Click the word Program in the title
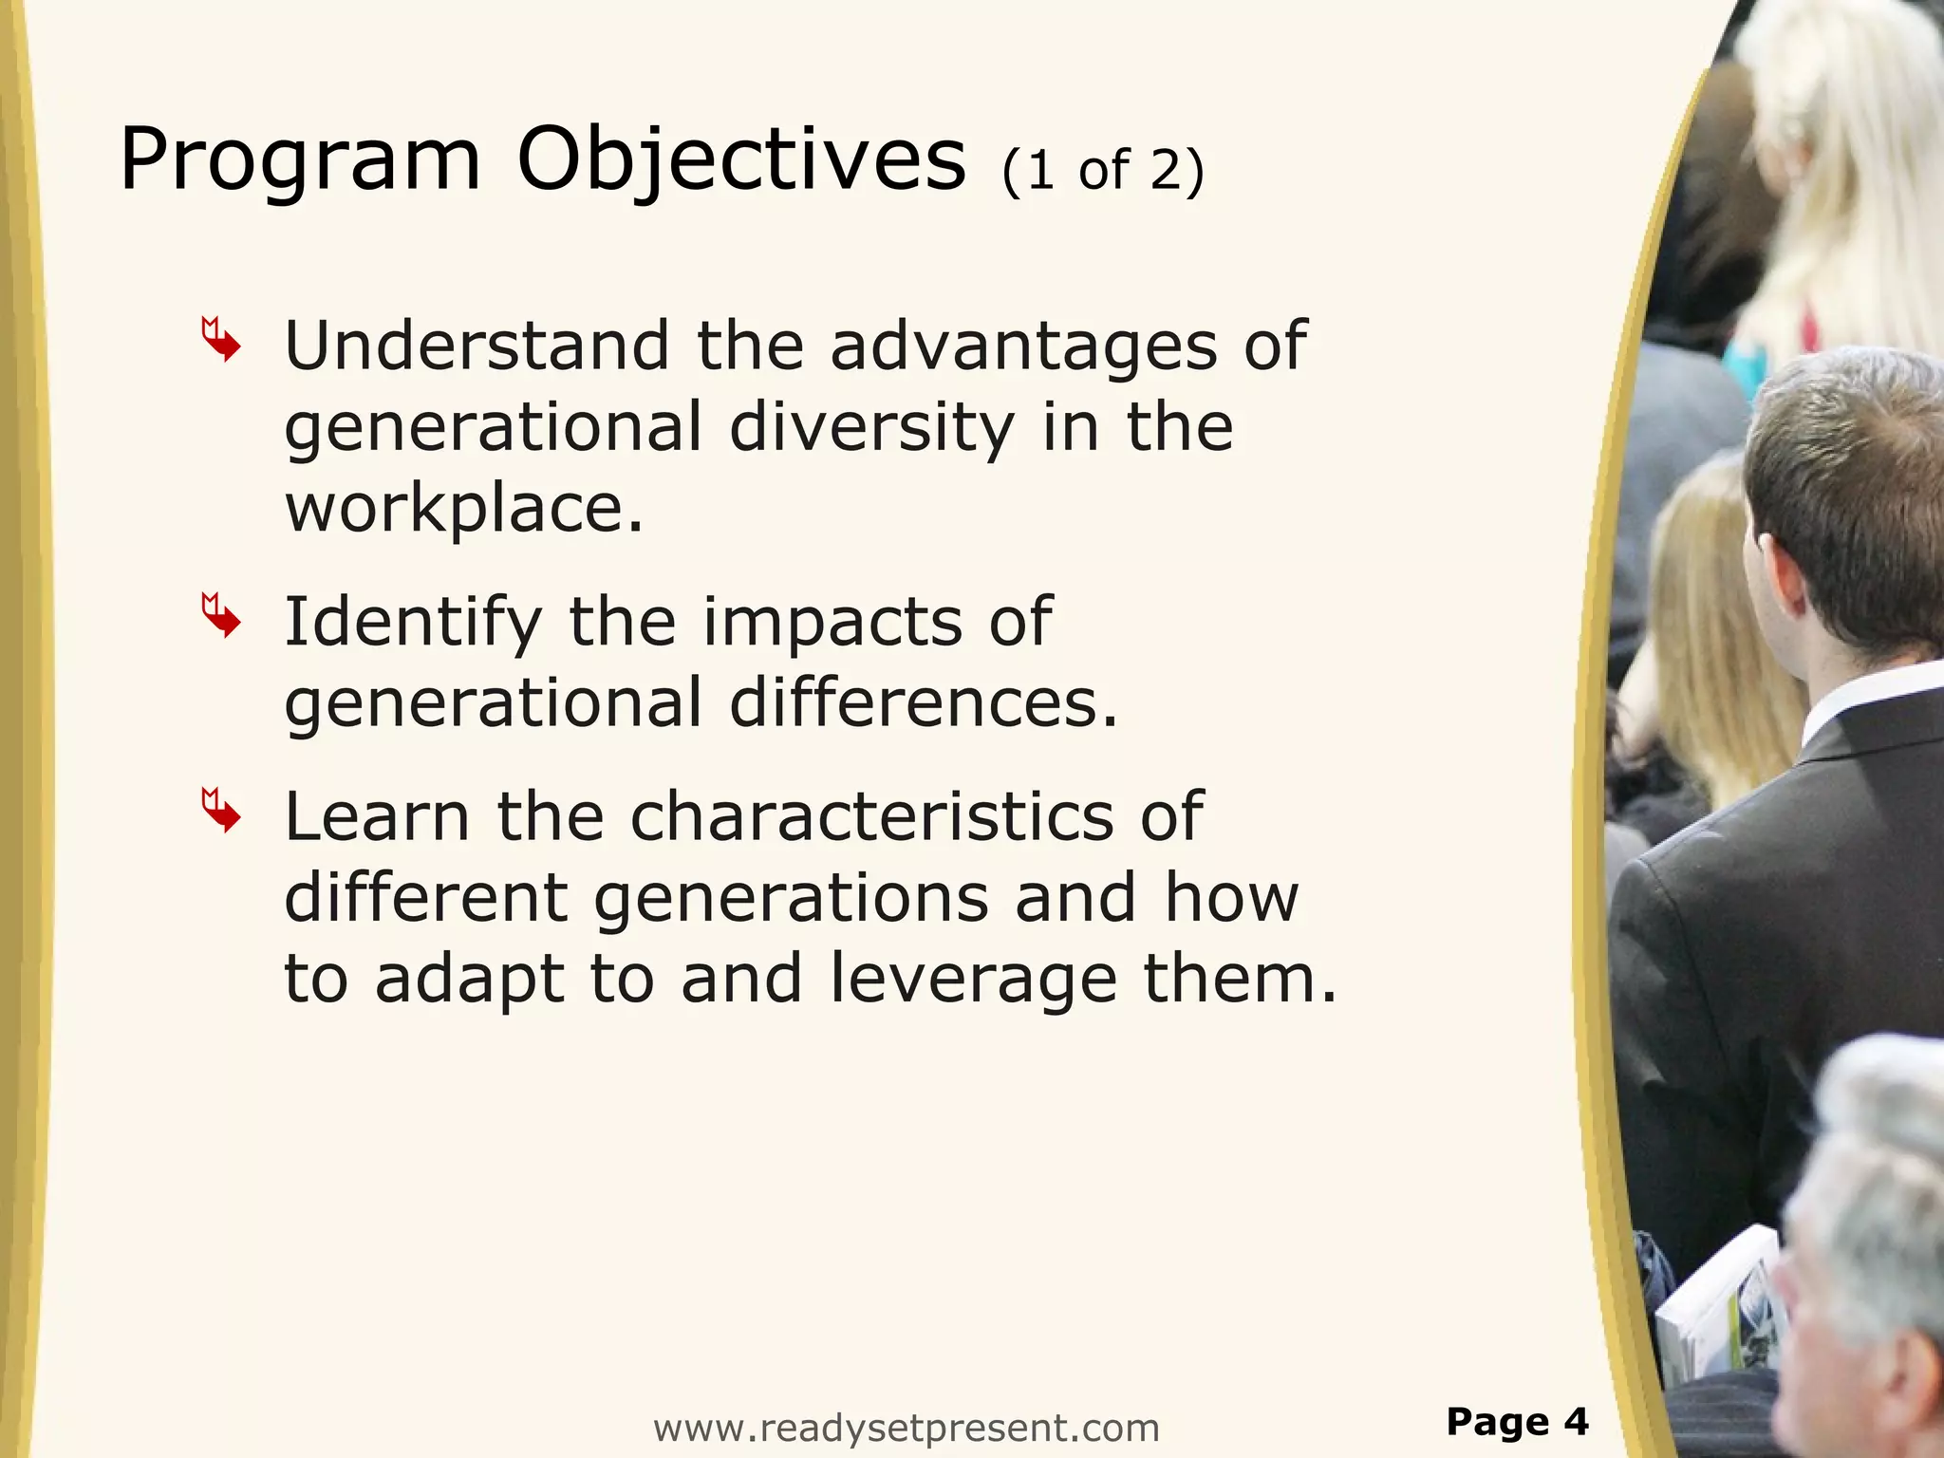(300, 161)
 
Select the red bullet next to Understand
(221, 340)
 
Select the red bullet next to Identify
(221, 616)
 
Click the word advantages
(1023, 347)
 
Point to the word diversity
(871, 428)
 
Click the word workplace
(463, 509)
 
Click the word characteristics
(871, 817)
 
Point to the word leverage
(973, 981)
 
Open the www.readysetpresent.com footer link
(907, 1428)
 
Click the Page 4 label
(1516, 1421)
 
